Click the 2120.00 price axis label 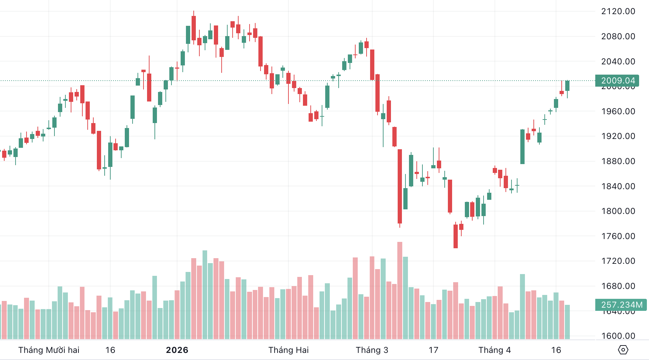pos(618,11)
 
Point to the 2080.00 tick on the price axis pos(618,36)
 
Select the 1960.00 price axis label pos(618,111)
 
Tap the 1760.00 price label pos(618,236)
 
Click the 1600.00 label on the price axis pos(618,336)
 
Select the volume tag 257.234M pos(621,305)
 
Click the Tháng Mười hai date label pos(49,350)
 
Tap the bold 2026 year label pos(177,350)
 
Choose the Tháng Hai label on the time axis pos(288,350)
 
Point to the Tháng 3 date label pos(372,350)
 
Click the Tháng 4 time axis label pos(495,350)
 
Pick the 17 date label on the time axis pos(433,350)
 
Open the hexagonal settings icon pos(623,350)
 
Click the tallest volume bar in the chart pos(400,290)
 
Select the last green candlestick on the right pos(567,86)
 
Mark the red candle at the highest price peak pos(194,28)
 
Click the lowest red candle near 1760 pos(456,236)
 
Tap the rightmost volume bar pos(567,322)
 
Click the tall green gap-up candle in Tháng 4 pos(522,147)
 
